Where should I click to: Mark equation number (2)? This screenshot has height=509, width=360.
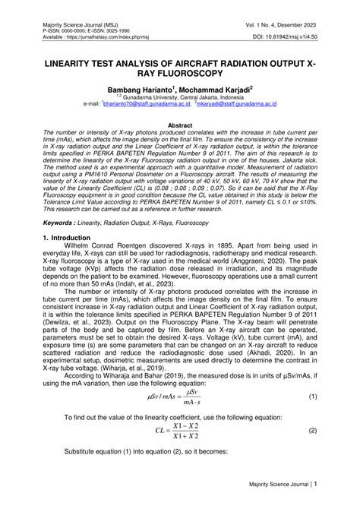pos(312,430)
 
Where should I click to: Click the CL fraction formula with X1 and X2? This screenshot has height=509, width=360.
pos(179,431)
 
